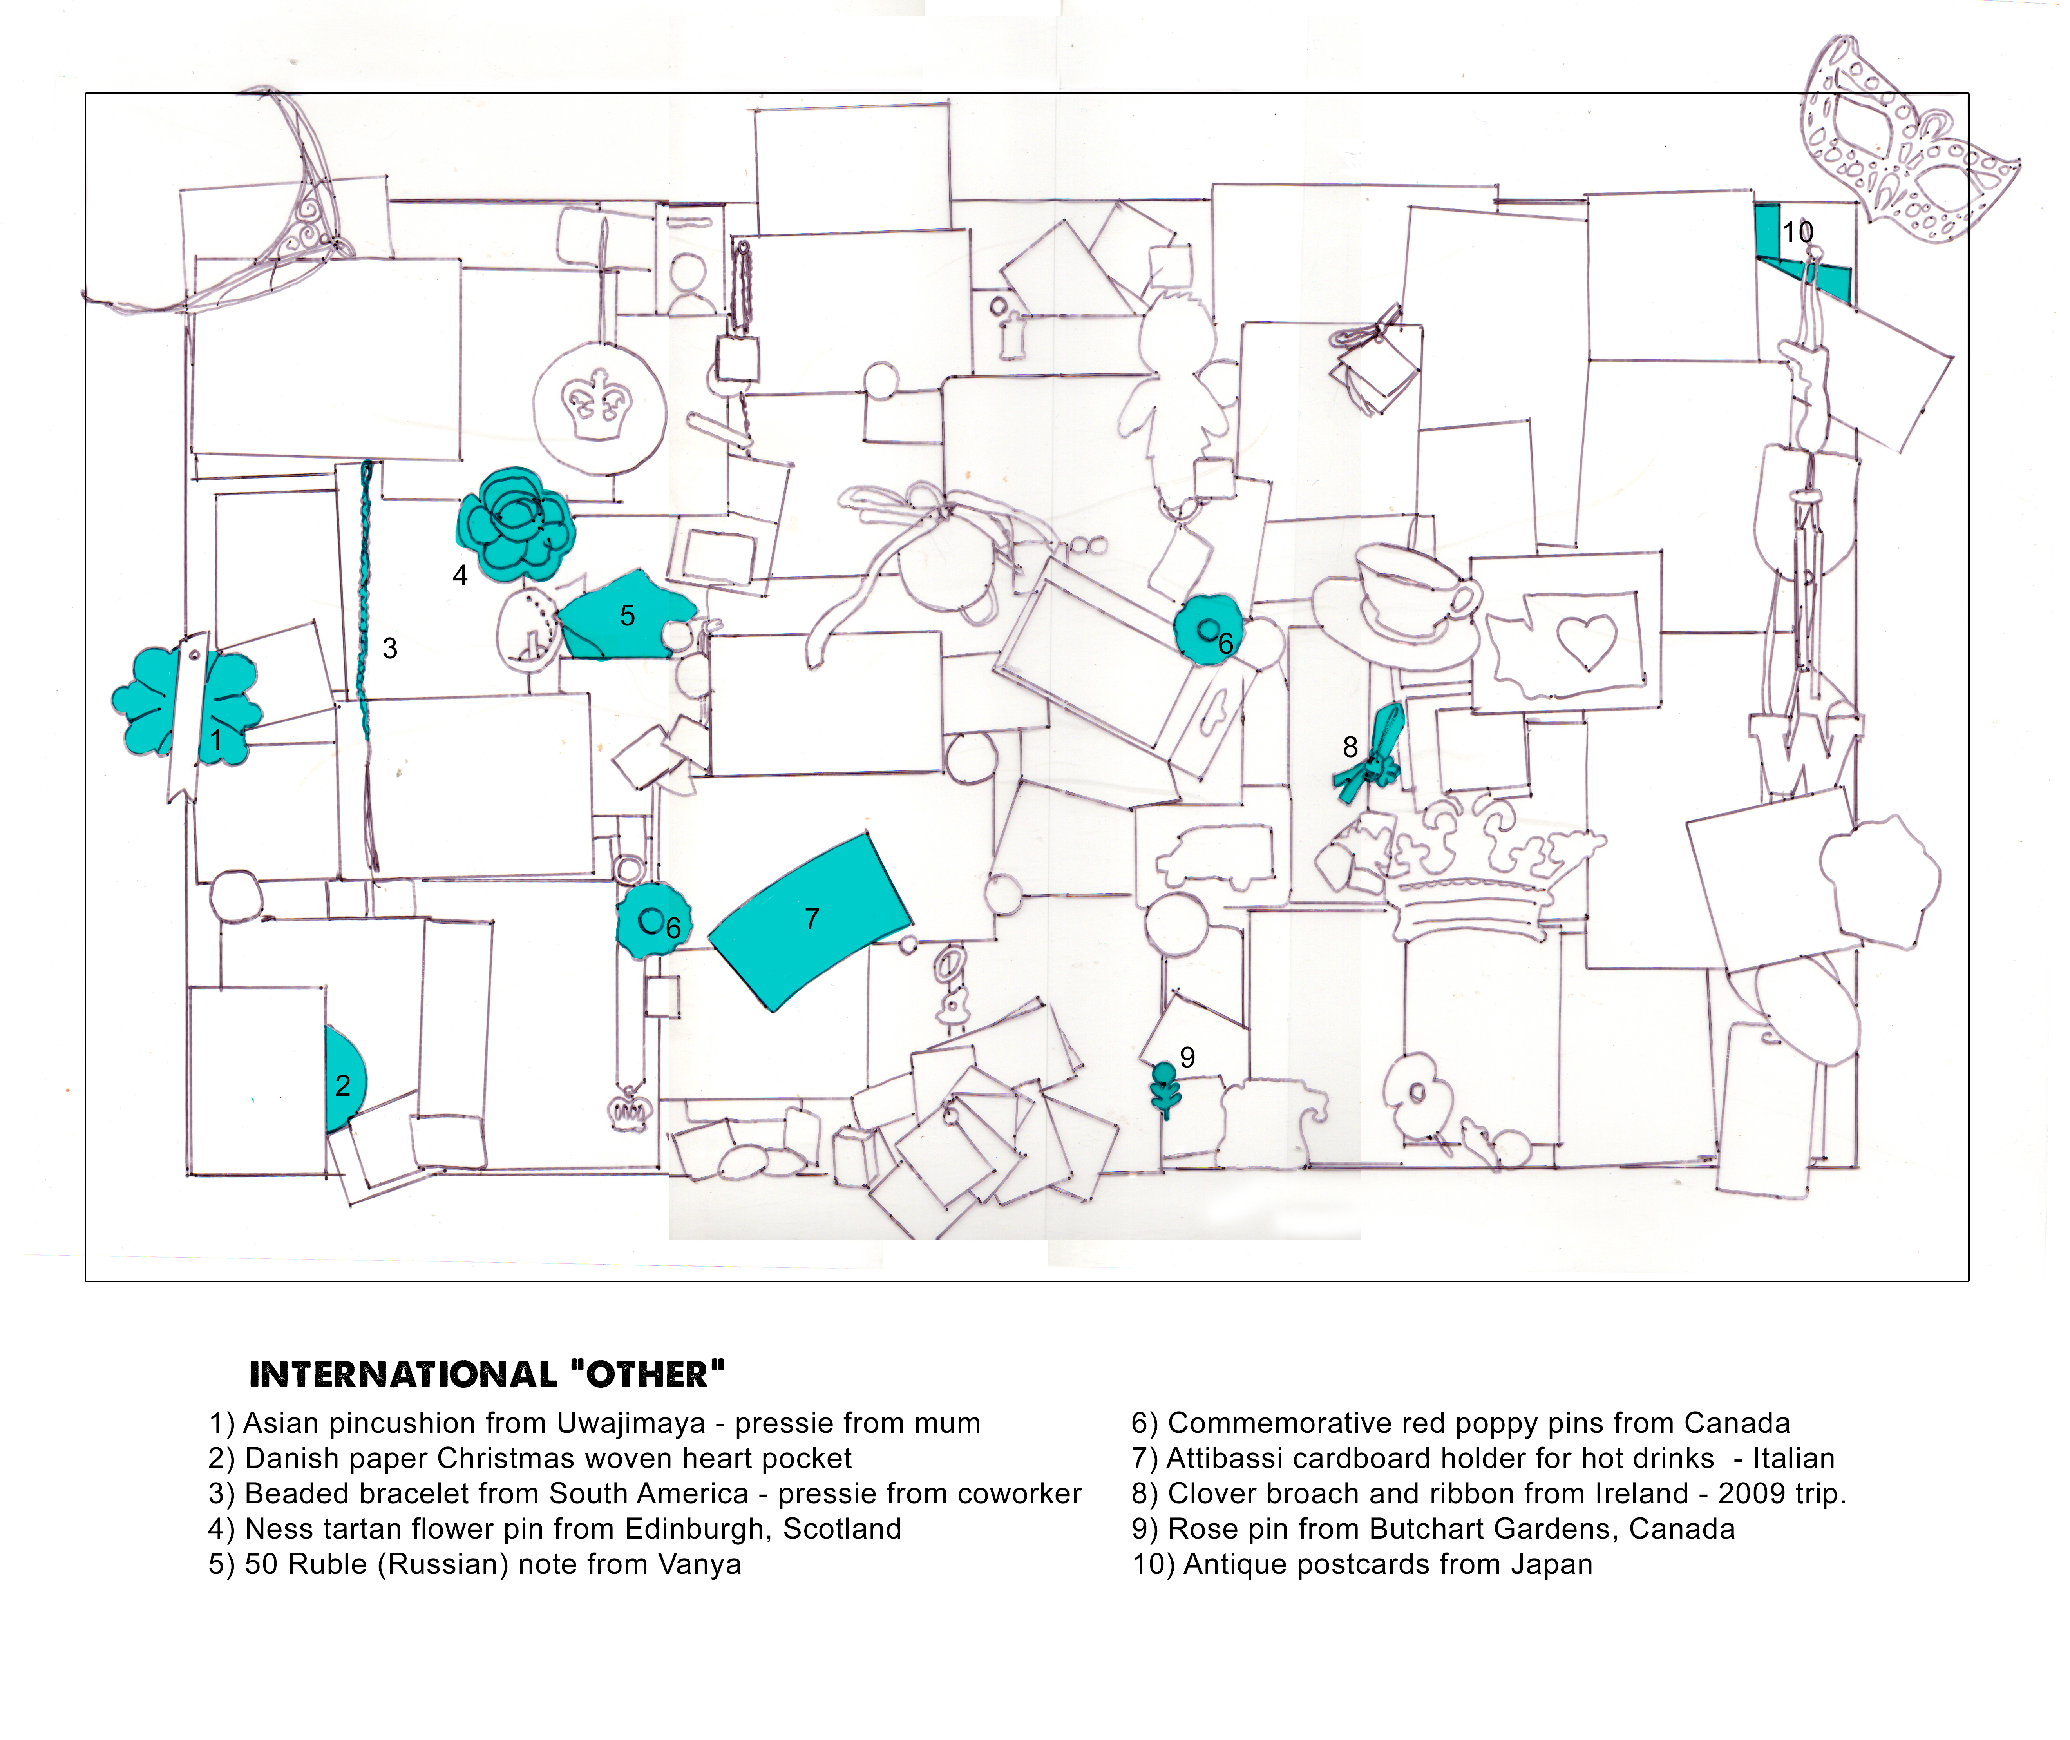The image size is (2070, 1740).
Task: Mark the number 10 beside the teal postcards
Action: (1797, 233)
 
